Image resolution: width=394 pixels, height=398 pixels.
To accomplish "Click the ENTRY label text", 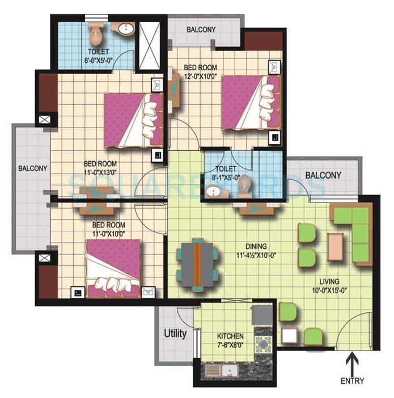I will tap(352, 381).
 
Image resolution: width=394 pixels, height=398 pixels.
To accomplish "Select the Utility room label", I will tap(175, 333).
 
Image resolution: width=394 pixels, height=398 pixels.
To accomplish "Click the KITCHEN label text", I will tap(230, 336).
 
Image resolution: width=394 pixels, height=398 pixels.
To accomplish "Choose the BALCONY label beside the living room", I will tap(323, 175).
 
